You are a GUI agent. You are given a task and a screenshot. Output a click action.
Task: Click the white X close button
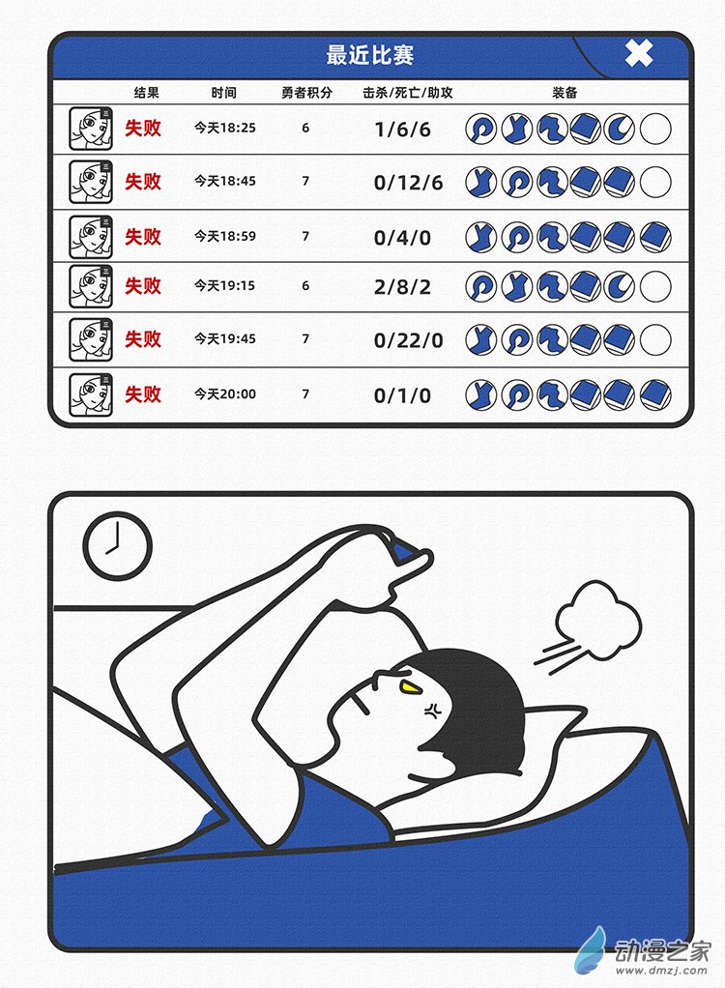639,53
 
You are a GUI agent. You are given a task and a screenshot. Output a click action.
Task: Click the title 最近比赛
370,55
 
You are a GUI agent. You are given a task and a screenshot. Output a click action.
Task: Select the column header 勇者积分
306,94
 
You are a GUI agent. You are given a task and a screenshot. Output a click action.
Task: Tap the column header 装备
565,94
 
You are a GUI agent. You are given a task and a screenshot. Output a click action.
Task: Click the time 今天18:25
225,128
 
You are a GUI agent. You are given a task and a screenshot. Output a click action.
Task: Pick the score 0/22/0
408,339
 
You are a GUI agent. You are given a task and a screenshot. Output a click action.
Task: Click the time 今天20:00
225,394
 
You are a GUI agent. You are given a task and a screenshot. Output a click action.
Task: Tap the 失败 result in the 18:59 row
143,237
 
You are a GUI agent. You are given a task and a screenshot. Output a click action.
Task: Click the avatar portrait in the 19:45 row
91,339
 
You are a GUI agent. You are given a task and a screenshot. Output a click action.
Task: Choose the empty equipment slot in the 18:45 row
655,182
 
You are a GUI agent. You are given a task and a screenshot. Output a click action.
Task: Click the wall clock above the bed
117,546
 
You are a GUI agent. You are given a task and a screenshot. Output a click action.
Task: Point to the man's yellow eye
411,687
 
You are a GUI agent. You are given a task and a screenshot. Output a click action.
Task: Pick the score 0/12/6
408,182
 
